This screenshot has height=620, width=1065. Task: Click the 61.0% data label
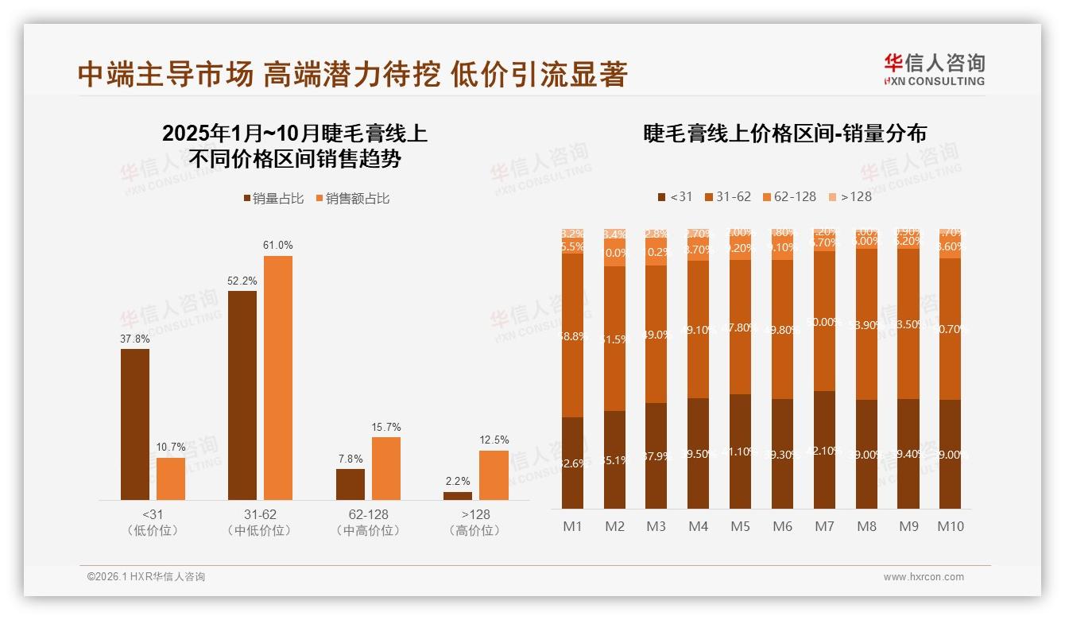click(x=277, y=245)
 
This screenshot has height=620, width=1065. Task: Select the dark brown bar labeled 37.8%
click(x=135, y=424)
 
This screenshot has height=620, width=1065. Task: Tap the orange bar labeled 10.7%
click(x=171, y=479)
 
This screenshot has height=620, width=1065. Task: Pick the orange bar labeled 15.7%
click(x=386, y=468)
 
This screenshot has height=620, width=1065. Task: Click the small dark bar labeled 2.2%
click(x=458, y=496)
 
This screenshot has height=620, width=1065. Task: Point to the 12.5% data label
click(x=494, y=440)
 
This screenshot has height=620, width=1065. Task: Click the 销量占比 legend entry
click(x=273, y=199)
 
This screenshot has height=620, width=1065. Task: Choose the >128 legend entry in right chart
click(x=850, y=196)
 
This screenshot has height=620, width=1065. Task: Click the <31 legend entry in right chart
click(x=675, y=196)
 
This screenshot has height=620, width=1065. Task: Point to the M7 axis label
click(x=825, y=526)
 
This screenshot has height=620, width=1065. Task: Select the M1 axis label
click(x=572, y=526)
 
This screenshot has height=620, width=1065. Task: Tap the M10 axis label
click(x=951, y=526)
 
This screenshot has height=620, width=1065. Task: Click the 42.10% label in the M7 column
click(x=824, y=451)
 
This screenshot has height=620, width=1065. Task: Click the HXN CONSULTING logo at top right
click(x=934, y=69)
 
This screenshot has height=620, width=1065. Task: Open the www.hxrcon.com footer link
click(x=923, y=577)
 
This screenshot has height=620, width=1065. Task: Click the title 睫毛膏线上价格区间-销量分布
click(x=784, y=134)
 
